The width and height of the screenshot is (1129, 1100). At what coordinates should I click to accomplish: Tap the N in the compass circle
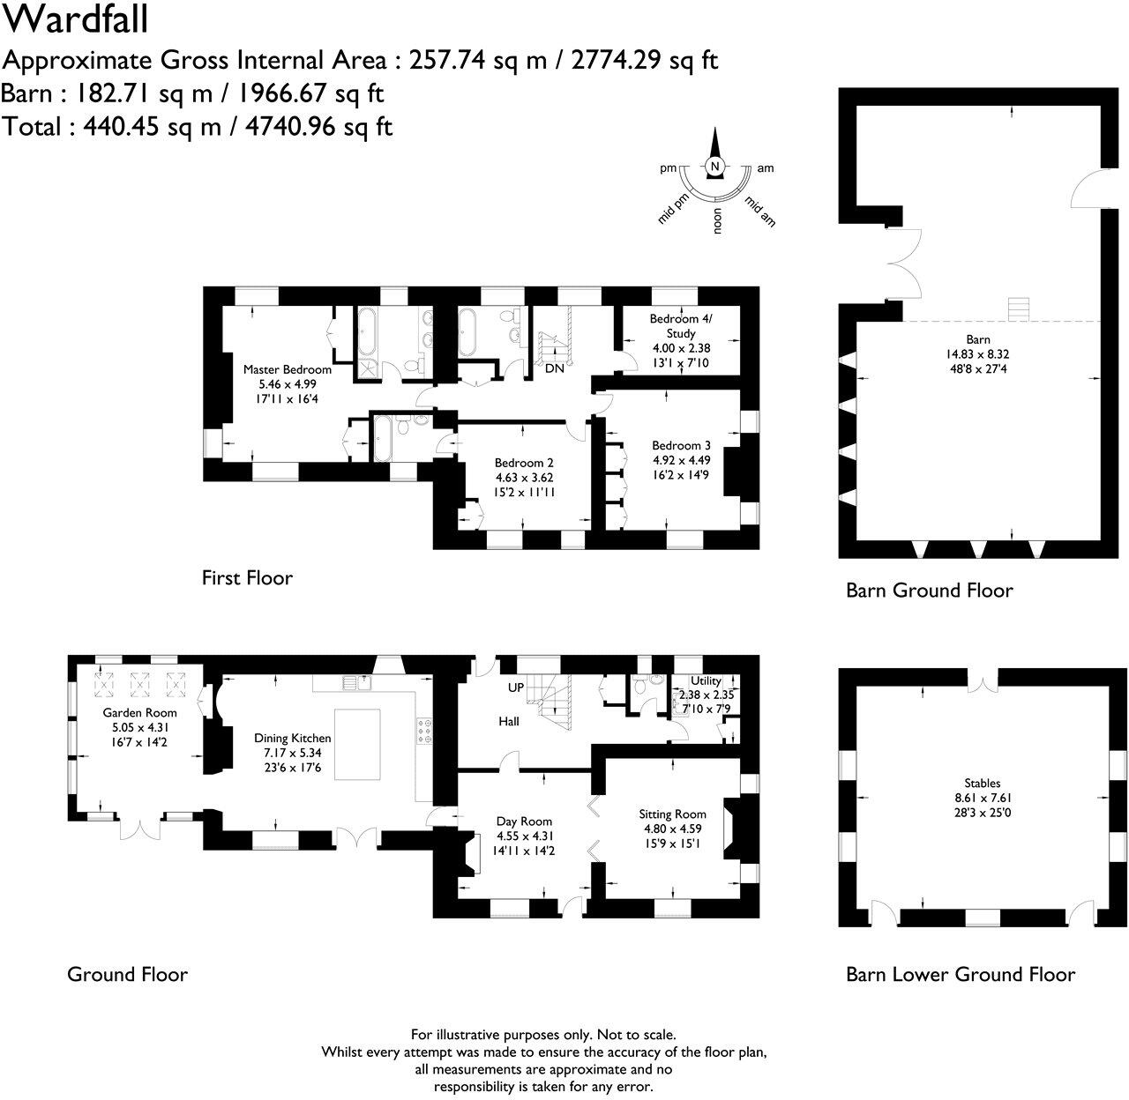click(715, 167)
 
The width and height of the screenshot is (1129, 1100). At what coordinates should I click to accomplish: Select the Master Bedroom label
click(288, 369)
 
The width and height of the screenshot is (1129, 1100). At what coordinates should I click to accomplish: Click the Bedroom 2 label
click(524, 463)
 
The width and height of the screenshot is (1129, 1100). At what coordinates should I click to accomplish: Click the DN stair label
click(554, 368)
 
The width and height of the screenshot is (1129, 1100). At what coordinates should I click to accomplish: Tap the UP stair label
click(516, 687)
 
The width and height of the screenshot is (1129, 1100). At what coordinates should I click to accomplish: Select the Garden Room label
click(139, 712)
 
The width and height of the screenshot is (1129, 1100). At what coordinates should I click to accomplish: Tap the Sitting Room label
click(673, 814)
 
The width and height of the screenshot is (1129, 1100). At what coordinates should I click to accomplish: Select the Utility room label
click(706, 680)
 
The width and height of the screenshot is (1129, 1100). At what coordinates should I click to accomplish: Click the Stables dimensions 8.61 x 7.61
click(982, 798)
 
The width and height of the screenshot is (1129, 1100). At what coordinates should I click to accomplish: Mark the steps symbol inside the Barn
click(1019, 310)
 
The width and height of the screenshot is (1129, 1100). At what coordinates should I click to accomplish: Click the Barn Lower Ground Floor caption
click(961, 974)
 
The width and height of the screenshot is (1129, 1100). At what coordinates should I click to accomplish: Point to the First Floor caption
click(247, 578)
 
